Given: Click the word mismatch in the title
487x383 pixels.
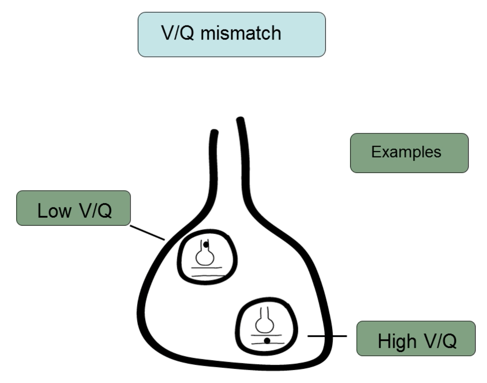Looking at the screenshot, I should click(241, 33).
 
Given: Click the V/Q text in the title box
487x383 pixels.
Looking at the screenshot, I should click(177, 33).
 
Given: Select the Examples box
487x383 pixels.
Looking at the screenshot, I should click(409, 153).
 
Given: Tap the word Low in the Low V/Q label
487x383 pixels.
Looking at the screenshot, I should click(54, 211).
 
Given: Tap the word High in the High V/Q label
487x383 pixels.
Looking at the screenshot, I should click(397, 341).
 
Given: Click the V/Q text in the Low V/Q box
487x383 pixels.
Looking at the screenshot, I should click(95, 211).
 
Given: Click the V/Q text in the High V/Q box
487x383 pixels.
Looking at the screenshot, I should click(441, 341).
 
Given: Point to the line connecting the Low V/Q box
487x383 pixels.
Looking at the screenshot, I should click(147, 233).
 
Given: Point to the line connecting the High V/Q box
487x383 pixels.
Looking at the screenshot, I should click(327, 336).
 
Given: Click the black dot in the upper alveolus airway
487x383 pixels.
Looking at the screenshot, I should click(206, 244).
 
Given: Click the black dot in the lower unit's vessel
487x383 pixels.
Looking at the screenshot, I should click(267, 341).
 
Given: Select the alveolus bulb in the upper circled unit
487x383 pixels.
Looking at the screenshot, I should click(205, 257).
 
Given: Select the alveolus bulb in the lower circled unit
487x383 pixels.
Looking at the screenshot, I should click(264, 324).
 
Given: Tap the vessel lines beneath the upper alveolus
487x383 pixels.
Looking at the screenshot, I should click(207, 272).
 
